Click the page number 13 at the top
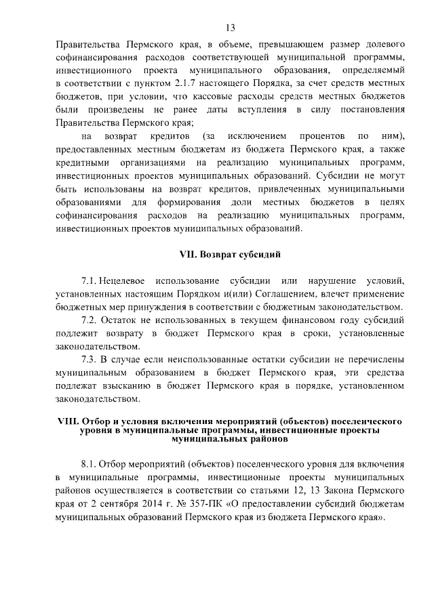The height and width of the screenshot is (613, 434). click(230, 28)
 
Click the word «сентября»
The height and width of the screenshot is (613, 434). click(117, 505)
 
